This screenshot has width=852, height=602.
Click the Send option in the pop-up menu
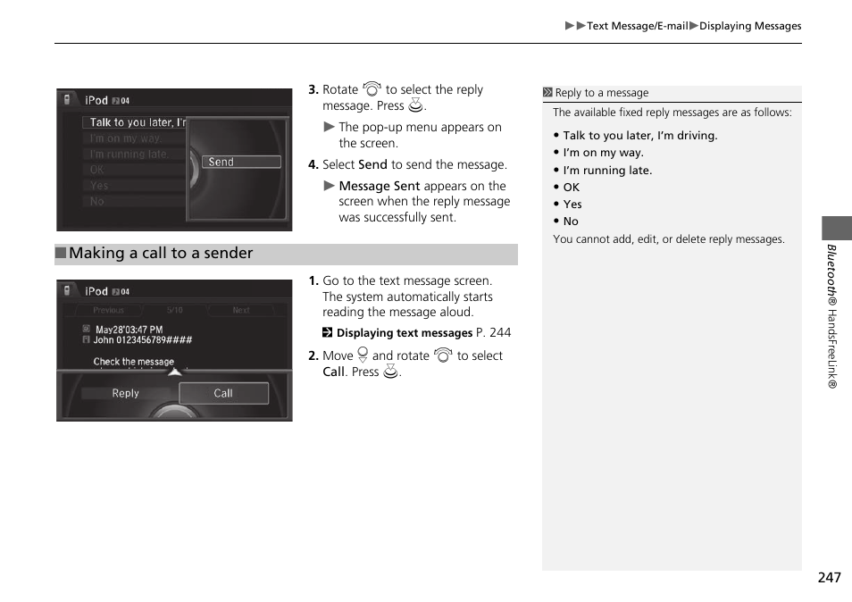tap(242, 163)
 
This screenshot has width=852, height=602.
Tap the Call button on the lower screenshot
tap(223, 393)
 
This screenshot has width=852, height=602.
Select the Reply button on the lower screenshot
tap(125, 393)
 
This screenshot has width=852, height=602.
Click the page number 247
tap(828, 578)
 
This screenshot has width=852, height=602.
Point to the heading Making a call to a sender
tap(161, 254)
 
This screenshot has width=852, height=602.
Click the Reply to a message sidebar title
tap(601, 93)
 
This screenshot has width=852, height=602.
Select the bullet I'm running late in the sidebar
tap(607, 171)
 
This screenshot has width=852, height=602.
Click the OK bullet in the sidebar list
tap(571, 188)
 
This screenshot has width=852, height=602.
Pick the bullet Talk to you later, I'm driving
tap(639, 136)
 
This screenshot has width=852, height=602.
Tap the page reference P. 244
tap(494, 332)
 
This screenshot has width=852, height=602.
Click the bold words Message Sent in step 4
tap(379, 186)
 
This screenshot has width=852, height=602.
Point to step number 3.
tap(313, 90)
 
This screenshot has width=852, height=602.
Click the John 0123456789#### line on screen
tap(142, 340)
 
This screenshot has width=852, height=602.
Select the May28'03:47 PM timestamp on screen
tap(129, 330)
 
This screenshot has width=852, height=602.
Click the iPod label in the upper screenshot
tap(96, 101)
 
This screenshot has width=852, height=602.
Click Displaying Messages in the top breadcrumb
tap(749, 26)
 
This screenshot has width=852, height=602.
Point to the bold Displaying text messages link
tap(404, 333)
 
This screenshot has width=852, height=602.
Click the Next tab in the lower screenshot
tap(240, 311)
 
